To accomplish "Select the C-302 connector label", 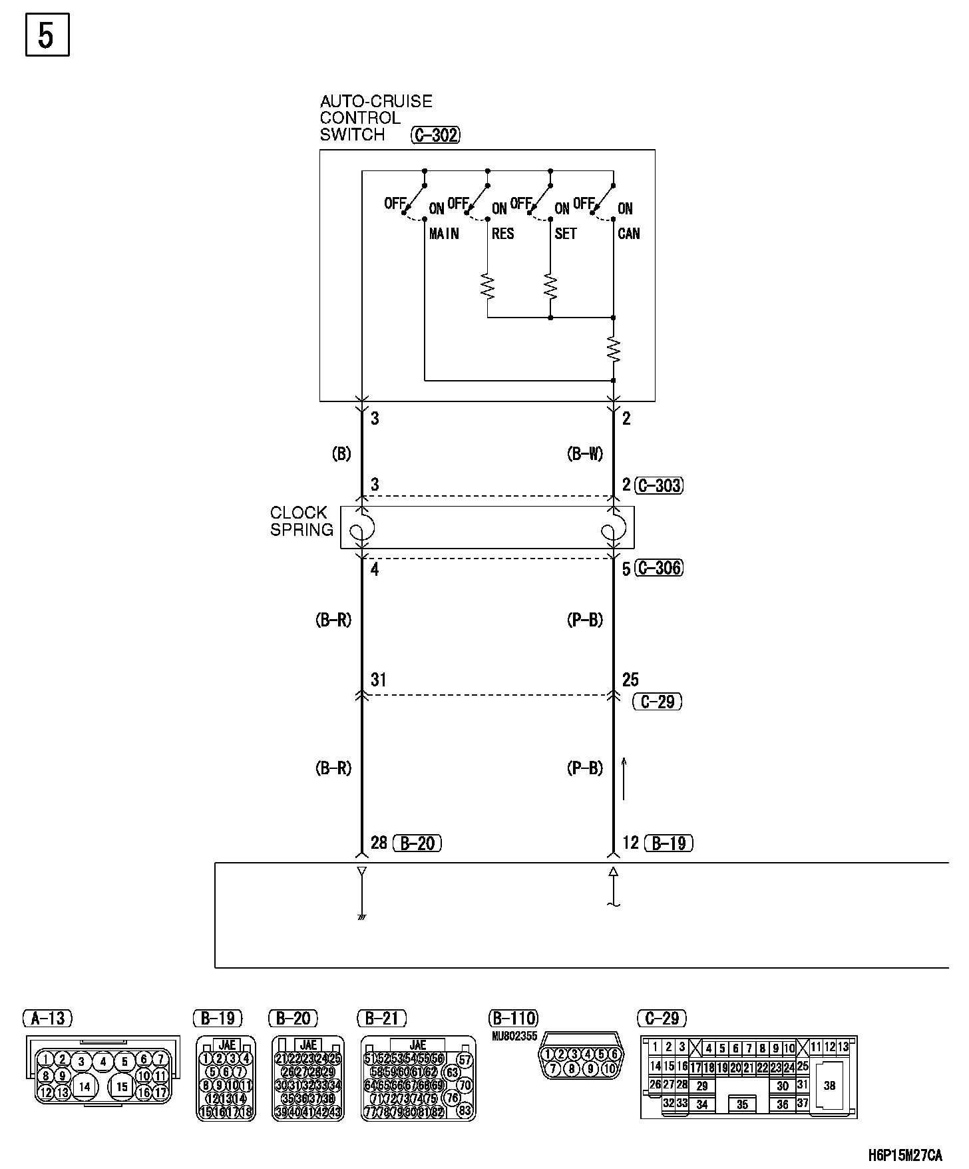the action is pos(436,135).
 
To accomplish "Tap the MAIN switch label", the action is pos(444,234).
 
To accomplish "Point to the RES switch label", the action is pos(502,234).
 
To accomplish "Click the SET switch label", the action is pos(565,234).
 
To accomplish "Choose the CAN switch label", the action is pos(628,234).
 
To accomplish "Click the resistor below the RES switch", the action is pos(488,286).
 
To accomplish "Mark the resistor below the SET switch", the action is pos(550,286).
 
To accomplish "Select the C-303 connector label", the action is pos(659,485).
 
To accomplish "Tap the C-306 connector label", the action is pos(659,568).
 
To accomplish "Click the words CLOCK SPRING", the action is pos(301,521).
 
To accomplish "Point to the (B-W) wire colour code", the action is pos(585,454).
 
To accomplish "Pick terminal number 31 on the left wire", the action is pos(378,680).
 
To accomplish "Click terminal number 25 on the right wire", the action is pos(630,680).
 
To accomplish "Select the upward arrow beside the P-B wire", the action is pos(624,778).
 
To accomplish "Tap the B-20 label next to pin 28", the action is pos(417,843).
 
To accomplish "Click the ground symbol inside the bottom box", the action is pos(362,917).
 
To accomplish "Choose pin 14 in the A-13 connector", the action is pos(85,1087).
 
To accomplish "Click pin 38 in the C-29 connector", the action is pos(829,1086).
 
